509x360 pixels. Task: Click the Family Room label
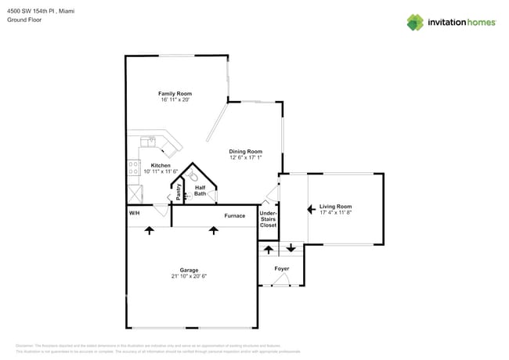click(175, 94)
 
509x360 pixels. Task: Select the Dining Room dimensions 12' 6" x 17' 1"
click(245, 158)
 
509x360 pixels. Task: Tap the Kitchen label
click(161, 166)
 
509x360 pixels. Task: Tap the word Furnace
click(235, 216)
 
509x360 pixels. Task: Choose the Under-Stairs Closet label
click(268, 219)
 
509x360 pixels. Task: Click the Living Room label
click(336, 207)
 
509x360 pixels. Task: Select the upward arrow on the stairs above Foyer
click(268, 249)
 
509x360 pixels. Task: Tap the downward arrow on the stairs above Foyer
click(291, 249)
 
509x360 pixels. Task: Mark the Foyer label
click(282, 268)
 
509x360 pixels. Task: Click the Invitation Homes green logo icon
click(415, 22)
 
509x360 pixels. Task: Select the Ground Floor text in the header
click(23, 20)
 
